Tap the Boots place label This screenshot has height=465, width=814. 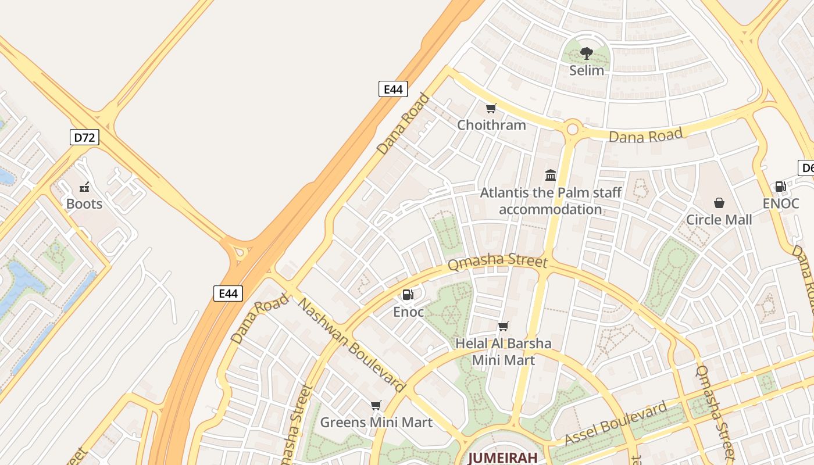pos(84,204)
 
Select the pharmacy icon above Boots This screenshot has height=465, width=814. pos(84,187)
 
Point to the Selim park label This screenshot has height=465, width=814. pos(587,70)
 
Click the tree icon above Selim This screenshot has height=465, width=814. pos(587,54)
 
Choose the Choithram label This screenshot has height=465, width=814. pos(491,125)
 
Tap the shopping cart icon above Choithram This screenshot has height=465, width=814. pos(491,108)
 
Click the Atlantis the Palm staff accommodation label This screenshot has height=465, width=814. pos(551,201)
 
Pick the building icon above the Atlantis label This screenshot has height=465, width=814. pos(551,175)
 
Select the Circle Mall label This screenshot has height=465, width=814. pos(719,220)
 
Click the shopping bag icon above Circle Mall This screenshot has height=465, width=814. pos(719,203)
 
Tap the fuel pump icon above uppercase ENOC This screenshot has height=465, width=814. pos(781,187)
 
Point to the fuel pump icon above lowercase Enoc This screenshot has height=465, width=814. pos(408,295)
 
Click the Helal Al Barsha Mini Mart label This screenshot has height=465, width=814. pos(503,351)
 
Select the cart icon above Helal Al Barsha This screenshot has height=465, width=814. pos(503,327)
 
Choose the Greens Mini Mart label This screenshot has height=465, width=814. pos(376,423)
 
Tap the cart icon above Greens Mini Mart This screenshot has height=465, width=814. pos(376,405)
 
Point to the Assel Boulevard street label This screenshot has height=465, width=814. pos(616,423)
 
